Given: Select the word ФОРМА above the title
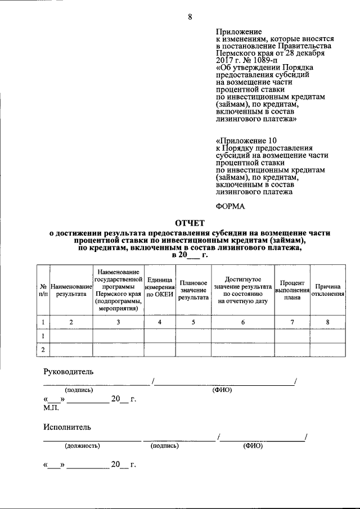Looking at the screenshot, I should click(x=231, y=206).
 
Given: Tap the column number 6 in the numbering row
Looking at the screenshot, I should click(x=242, y=322).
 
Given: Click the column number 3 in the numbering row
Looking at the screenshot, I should click(x=118, y=322).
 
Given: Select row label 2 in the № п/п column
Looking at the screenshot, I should click(x=43, y=350).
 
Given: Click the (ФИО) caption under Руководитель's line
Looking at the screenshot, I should click(x=222, y=389).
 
